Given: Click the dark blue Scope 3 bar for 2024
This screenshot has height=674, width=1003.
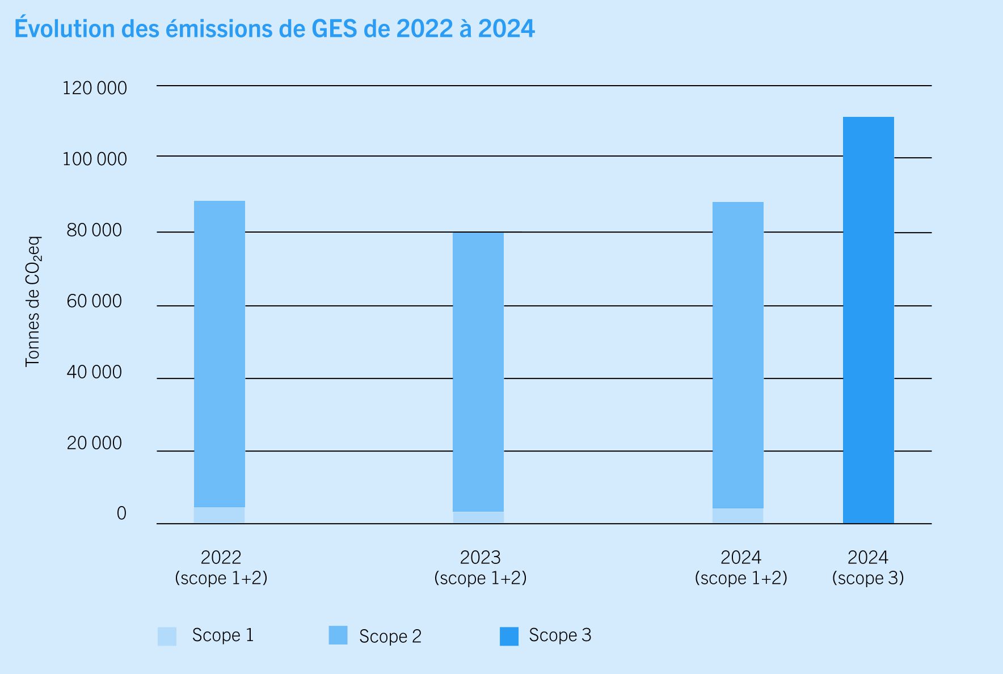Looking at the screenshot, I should (868, 320).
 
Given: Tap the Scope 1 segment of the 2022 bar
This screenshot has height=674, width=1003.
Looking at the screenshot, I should (220, 515).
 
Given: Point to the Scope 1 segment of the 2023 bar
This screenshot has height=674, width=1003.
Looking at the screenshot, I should (478, 517).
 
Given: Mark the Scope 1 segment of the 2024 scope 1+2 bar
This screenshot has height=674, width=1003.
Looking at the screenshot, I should (737, 516).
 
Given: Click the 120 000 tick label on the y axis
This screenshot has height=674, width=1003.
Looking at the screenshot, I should (95, 88).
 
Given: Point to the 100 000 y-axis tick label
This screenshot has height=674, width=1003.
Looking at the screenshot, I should (95, 159).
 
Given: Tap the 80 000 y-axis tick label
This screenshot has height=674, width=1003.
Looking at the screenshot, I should (94, 230).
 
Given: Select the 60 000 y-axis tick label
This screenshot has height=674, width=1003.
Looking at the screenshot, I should (94, 301).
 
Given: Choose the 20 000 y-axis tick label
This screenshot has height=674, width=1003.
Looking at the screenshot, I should (94, 443).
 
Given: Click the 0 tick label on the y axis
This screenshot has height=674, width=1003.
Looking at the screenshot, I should (121, 513).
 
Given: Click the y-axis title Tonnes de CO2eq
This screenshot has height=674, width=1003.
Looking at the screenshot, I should (33, 301).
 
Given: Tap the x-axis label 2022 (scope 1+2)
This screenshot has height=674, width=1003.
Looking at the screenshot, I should (221, 567).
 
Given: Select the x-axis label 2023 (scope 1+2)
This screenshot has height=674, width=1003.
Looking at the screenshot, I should (481, 567).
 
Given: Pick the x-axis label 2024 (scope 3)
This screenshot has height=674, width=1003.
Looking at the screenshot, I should (868, 567).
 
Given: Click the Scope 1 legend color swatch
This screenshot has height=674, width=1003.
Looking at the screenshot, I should (167, 636).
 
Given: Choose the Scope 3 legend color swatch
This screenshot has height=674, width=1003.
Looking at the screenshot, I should (509, 636).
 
